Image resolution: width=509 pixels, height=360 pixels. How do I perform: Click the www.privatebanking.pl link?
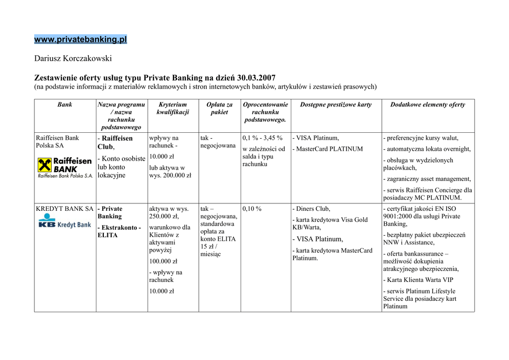(81, 39)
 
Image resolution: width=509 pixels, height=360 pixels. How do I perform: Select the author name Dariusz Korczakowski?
(73, 59)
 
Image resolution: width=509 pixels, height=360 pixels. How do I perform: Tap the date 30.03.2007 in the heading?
(256, 78)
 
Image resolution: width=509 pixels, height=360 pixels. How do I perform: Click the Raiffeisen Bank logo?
(65, 168)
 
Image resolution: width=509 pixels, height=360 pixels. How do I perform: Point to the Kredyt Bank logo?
(65, 222)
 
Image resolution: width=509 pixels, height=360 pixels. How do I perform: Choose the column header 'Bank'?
(65, 105)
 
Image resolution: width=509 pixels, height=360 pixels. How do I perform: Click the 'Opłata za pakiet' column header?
(219, 108)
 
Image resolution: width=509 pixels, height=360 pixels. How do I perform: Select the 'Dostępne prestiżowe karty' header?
(336, 105)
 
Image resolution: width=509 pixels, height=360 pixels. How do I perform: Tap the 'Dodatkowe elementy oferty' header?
(427, 105)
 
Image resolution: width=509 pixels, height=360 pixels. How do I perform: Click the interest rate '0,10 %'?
(252, 209)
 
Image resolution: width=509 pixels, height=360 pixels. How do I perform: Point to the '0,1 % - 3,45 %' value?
(262, 138)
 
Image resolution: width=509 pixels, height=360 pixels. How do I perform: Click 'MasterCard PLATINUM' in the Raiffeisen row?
(329, 149)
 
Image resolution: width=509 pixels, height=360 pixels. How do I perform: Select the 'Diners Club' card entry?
(313, 209)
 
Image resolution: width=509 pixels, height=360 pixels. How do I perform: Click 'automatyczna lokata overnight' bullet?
(428, 149)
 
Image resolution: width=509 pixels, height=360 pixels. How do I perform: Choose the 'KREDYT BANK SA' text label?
(65, 209)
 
